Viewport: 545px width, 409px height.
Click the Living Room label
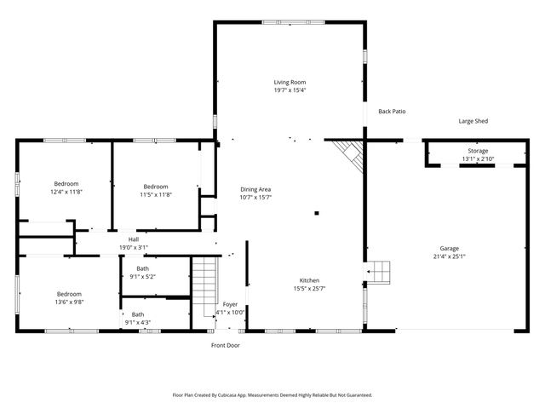coord(290,82)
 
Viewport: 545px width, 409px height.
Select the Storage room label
coord(477,151)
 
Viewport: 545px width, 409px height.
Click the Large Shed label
coord(473,122)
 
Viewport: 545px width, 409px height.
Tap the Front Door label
coord(226,345)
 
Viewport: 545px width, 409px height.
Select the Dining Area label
coord(255,188)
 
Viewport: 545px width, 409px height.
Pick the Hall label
coord(134,239)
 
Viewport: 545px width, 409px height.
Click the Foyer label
coord(230,304)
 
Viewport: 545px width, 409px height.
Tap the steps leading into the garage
coord(380,273)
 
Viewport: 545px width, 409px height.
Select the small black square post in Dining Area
coord(317,213)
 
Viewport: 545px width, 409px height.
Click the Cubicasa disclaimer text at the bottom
coord(272,395)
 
